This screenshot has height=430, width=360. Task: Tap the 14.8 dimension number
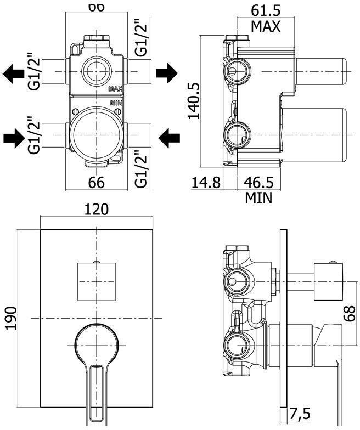pos(206,182)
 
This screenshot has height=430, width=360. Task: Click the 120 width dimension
pos(96,209)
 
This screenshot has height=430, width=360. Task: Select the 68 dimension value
pos(350,315)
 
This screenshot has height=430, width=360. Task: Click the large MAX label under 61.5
pos(266,26)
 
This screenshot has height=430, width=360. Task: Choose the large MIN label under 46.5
pos(258,197)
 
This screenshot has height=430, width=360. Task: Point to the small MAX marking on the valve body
pos(115,88)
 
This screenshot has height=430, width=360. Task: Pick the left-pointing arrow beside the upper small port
pos(13,73)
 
